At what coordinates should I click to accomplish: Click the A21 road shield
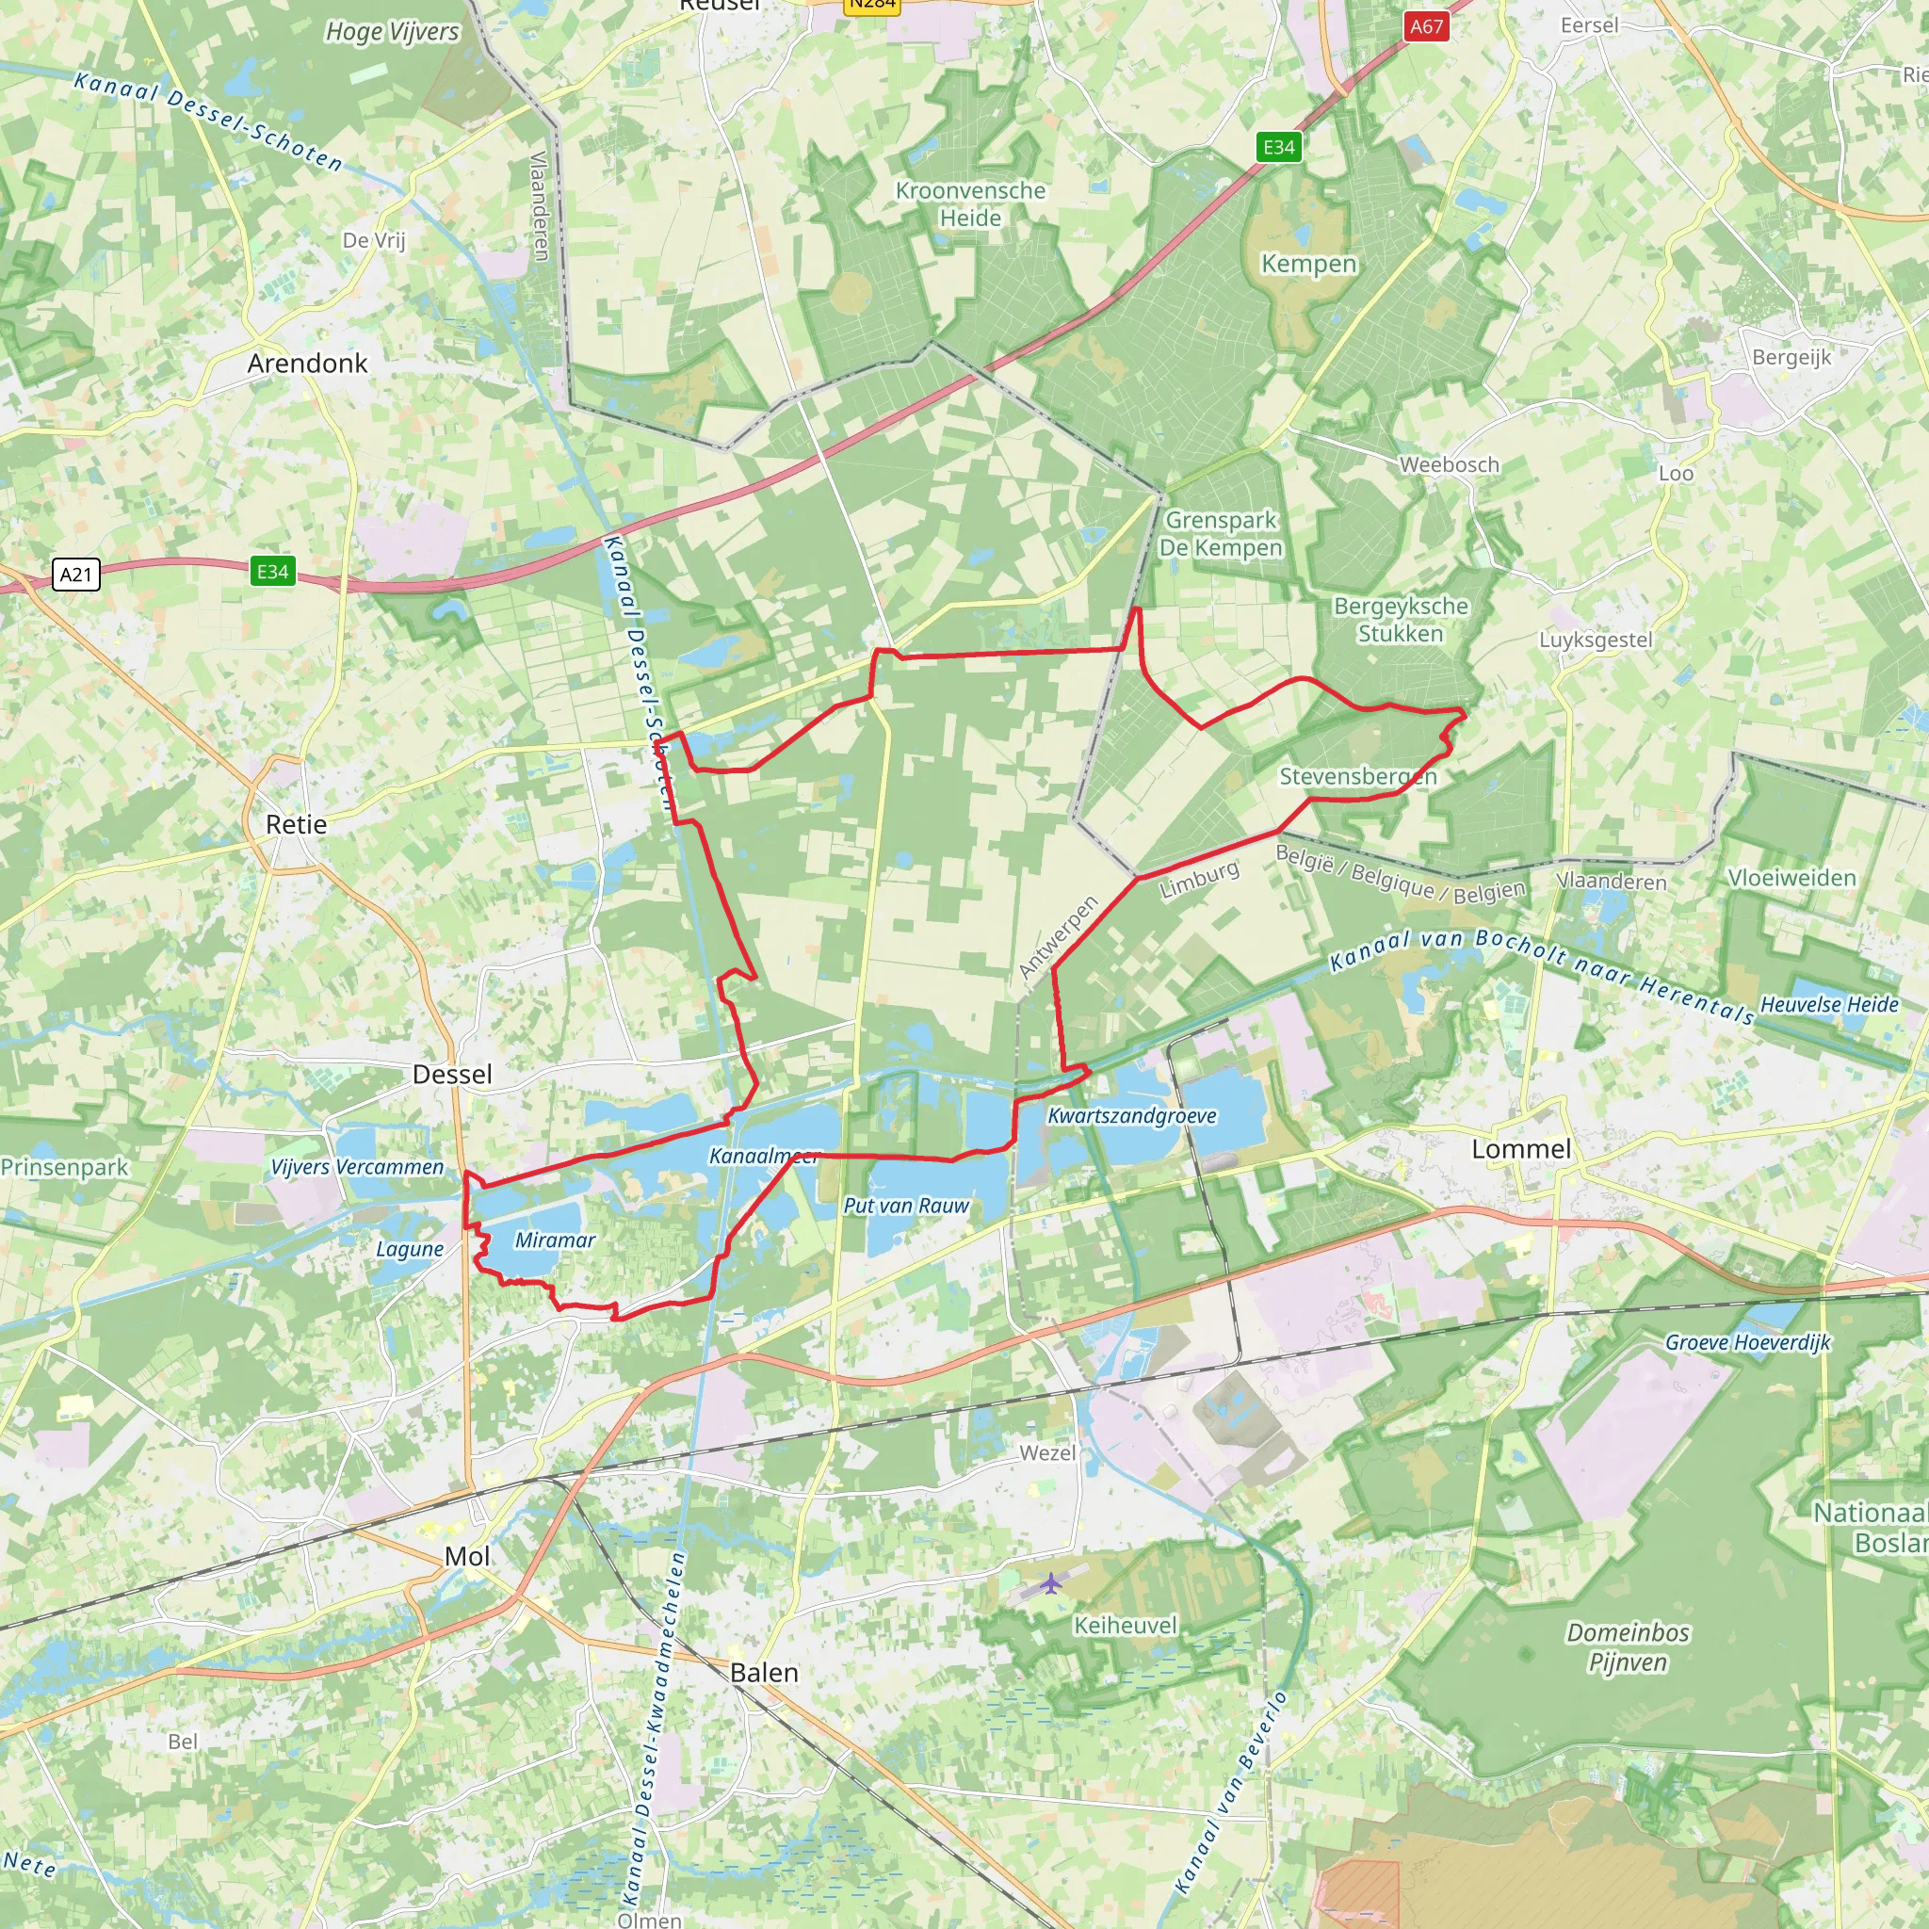pos(76,575)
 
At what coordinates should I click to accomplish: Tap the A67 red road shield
pos(1426,26)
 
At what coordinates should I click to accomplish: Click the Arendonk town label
pos(307,364)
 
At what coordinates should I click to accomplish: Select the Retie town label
pos(296,825)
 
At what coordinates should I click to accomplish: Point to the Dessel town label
pos(452,1075)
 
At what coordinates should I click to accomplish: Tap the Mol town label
pos(466,1557)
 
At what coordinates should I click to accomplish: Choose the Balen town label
pos(764,1674)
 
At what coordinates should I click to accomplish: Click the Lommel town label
pos(1520,1149)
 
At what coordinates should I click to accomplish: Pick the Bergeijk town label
pos(1791,357)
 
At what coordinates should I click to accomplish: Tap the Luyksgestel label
pos(1596,640)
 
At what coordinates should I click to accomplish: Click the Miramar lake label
pos(554,1240)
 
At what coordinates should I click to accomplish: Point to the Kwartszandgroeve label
pos(1131,1115)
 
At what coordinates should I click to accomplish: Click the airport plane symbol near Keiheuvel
pos(1050,1583)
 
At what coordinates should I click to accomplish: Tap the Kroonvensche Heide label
pos(969,204)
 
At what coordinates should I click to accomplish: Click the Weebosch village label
pos(1448,464)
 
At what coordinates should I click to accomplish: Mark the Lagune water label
pos(410,1249)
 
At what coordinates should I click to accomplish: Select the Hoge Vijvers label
pos(393,32)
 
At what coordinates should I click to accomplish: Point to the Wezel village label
pos(1047,1452)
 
